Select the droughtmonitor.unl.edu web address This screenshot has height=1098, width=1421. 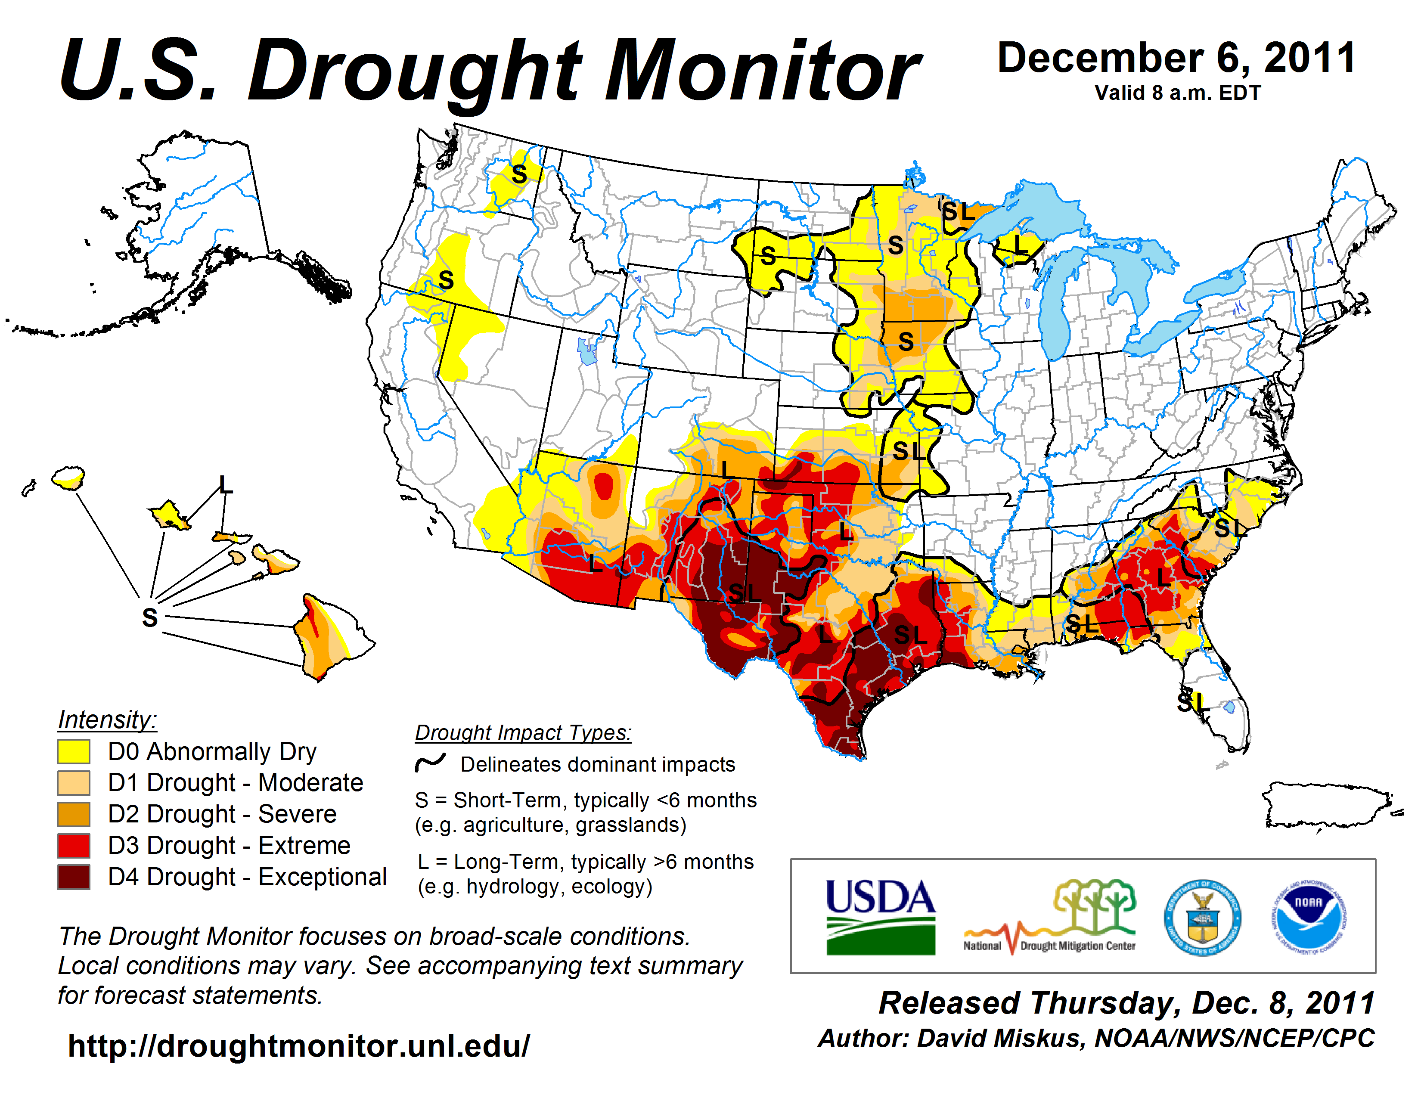tap(299, 1046)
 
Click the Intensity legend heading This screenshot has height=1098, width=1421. tap(107, 720)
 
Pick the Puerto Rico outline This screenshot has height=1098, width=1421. tap(1327, 805)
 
